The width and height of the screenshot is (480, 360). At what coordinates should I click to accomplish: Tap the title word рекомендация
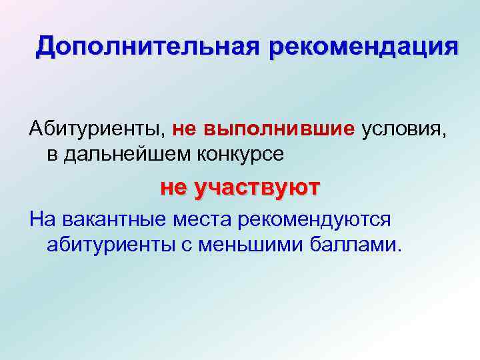(x=365, y=47)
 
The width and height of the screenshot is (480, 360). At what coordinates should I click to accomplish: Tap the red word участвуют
(x=256, y=188)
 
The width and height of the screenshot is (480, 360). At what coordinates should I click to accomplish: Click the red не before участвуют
(x=175, y=188)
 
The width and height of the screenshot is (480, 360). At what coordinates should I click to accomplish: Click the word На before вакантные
(x=41, y=219)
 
